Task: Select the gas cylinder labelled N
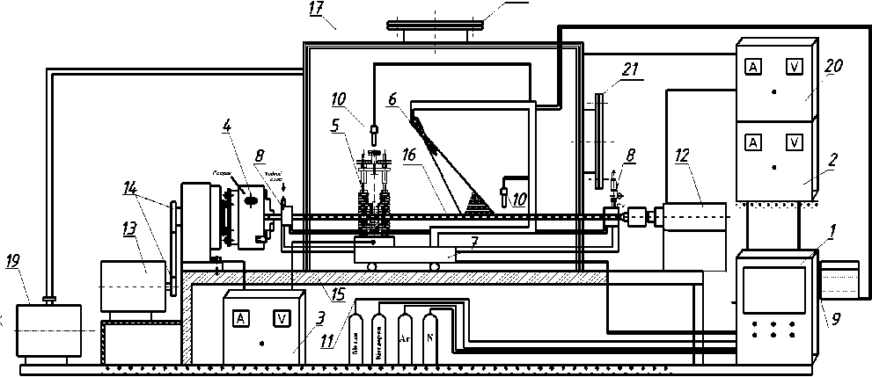(429, 337)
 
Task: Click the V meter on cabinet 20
(793, 67)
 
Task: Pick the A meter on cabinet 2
(753, 141)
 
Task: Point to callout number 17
(317, 10)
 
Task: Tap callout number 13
(129, 229)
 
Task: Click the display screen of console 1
(773, 291)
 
